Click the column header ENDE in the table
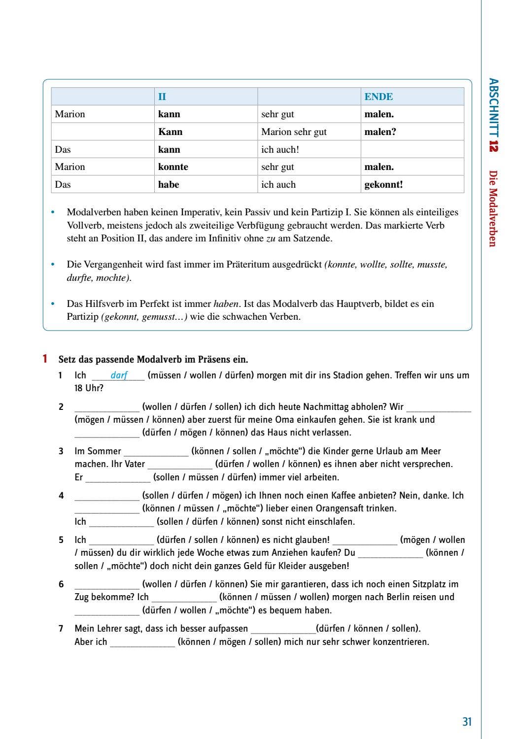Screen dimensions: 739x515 [x=378, y=97]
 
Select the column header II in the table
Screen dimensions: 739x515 [x=162, y=97]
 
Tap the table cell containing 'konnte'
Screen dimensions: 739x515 [x=173, y=167]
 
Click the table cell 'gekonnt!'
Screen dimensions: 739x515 [x=383, y=184]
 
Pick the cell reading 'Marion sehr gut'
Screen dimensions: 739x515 [x=294, y=132]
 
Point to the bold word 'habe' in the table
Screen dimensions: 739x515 [x=169, y=184]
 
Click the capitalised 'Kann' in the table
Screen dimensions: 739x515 [x=170, y=132]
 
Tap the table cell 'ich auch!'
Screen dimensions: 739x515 [x=280, y=149]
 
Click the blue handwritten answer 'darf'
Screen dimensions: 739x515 [x=119, y=375]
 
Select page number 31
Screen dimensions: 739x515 [x=467, y=722]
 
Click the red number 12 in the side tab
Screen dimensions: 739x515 [x=493, y=146]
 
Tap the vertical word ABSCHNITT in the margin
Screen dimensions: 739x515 [x=493, y=107]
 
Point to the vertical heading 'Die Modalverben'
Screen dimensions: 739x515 [x=493, y=208]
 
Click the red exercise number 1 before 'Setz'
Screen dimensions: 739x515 [x=45, y=359]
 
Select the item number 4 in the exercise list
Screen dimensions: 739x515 [x=61, y=496]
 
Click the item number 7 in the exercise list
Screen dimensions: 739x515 [x=61, y=629]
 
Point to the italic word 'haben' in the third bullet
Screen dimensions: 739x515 [x=226, y=303]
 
